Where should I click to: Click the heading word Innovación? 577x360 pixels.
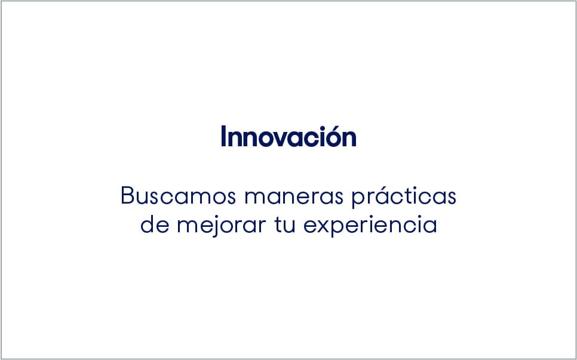tap(288, 137)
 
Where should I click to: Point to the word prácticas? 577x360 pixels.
tap(403, 196)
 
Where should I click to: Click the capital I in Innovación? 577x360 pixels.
tap(223, 137)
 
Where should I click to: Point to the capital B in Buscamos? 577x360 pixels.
tap(127, 196)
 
